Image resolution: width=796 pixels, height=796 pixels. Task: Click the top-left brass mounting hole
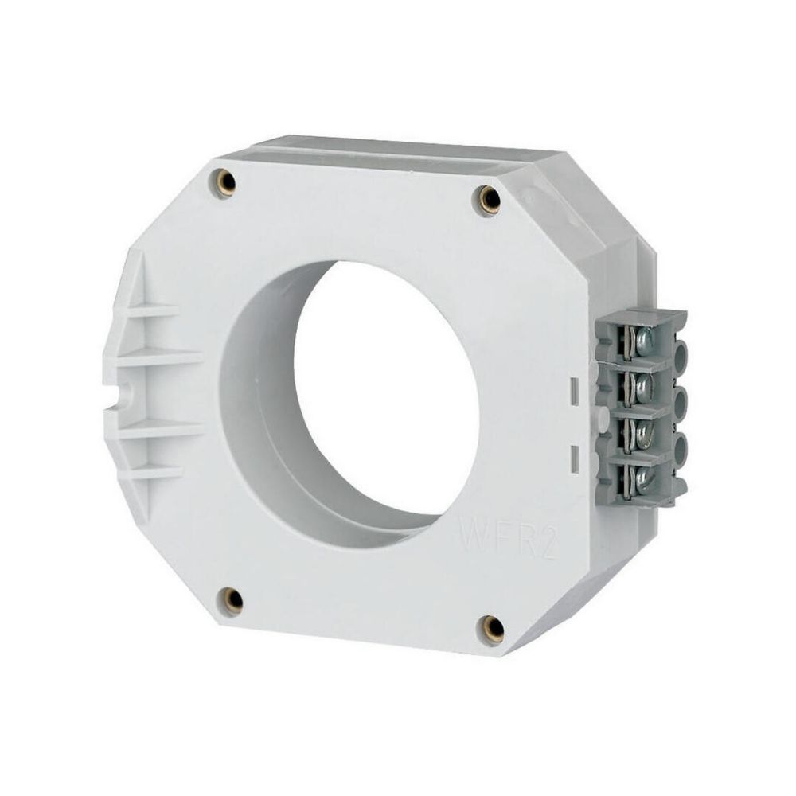226,182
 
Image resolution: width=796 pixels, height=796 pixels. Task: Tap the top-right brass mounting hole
489,199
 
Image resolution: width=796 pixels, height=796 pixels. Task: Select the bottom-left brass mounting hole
232,600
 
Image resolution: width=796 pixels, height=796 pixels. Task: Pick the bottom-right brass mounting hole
493,629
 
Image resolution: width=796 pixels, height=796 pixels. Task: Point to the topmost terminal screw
642,342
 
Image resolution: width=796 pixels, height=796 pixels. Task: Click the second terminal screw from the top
642,388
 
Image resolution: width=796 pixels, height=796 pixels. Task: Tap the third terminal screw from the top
642,434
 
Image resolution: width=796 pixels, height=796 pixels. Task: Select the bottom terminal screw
642,478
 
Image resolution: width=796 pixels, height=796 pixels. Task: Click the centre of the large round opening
386,390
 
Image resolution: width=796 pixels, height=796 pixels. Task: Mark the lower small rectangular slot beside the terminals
575,459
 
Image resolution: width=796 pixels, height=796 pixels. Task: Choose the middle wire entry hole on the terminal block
681,402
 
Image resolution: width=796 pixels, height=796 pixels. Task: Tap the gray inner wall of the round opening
263,398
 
